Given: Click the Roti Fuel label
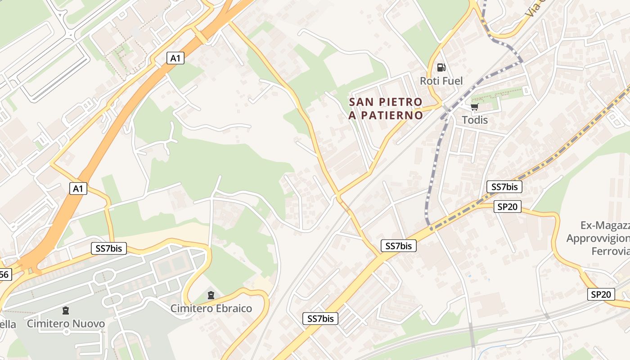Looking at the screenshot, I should point(441,81).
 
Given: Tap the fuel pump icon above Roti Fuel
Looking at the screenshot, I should point(441,67).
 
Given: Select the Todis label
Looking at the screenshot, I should point(475,120).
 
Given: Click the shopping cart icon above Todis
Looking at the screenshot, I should point(474,107).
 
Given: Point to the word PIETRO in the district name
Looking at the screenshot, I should point(400,102).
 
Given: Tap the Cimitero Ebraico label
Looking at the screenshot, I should point(211,309).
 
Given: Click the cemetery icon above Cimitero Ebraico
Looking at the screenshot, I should point(211,295).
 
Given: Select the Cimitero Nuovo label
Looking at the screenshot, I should point(66,324).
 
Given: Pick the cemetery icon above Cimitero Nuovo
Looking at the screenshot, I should point(66,310).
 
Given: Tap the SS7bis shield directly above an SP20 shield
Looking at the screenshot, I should point(504,187).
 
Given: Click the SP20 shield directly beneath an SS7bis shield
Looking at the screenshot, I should point(508,207).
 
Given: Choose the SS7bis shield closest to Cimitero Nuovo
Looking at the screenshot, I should point(109,248).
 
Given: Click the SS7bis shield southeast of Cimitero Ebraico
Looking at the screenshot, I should point(320,319).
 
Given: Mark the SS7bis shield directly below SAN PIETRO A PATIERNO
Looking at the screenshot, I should point(399,246).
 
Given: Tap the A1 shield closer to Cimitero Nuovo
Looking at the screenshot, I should point(78,189).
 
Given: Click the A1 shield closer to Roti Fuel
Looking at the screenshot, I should point(175,58).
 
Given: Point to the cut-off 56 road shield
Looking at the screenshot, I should point(4,274).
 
